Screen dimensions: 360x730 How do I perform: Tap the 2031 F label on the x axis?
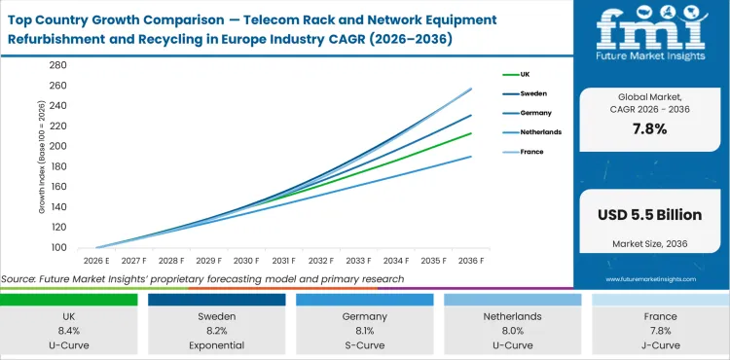[x=284, y=261]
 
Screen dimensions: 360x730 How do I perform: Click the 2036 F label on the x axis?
[x=472, y=261]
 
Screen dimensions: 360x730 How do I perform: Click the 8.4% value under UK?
[x=68, y=330]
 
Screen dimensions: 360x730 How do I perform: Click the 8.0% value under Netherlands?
[x=512, y=330]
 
